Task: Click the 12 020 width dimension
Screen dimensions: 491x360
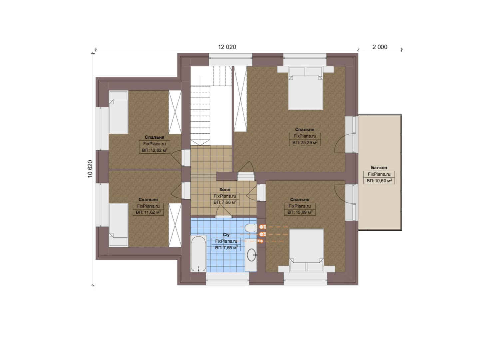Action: (227, 47)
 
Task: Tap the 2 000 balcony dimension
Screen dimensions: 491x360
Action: (380, 47)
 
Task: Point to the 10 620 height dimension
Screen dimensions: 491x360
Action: (90, 169)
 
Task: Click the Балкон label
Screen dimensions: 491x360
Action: (379, 168)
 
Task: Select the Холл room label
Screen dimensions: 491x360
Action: (225, 190)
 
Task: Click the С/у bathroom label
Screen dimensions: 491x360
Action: (226, 235)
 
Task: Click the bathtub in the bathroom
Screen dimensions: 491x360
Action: (199, 254)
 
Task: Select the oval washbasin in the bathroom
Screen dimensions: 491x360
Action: (251, 255)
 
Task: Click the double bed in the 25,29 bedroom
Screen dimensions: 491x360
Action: (305, 88)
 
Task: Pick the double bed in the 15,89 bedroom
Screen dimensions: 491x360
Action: (306, 250)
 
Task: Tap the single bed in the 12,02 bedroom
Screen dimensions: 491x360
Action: (119, 112)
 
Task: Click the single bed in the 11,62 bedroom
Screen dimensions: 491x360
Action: (119, 225)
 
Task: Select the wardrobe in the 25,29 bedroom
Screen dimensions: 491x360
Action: (241, 99)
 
